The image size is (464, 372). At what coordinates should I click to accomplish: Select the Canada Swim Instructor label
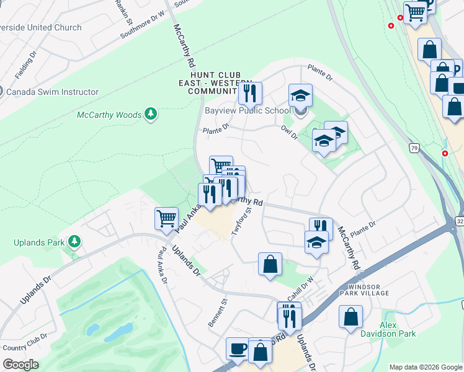click(52, 92)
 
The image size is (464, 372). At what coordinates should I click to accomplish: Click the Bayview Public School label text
click(248, 112)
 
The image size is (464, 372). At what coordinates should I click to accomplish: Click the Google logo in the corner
click(20, 365)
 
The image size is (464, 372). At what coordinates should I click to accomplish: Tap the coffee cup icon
click(237, 348)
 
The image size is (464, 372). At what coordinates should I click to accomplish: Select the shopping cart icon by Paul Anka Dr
click(166, 219)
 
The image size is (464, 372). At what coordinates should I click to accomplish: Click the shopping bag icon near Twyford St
click(270, 264)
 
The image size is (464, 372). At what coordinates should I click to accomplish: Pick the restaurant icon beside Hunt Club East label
click(250, 93)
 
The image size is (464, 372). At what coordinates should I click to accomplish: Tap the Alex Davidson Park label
click(398, 329)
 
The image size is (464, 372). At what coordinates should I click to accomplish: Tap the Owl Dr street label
click(290, 132)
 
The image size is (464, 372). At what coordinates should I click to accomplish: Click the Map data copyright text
click(425, 367)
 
